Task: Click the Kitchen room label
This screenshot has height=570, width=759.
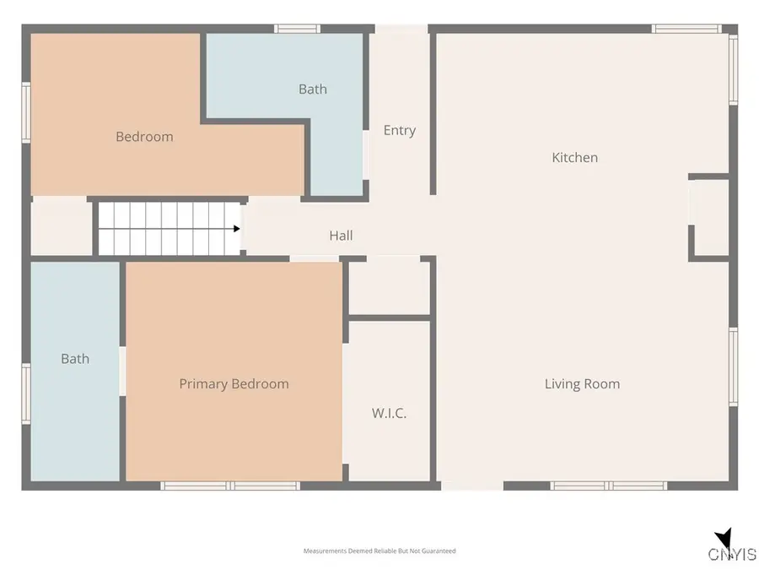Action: [574, 158]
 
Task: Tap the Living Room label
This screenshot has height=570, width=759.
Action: [582, 384]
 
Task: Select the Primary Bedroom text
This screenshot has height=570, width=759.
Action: [234, 384]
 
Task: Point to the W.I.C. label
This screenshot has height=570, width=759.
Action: [389, 413]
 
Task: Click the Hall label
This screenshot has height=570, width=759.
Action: [341, 236]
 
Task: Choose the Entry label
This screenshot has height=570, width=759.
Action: [400, 130]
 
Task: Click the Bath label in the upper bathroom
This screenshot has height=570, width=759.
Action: [313, 90]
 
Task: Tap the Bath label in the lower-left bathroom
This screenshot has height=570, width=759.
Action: [75, 359]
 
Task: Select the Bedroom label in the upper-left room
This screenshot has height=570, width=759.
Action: [144, 137]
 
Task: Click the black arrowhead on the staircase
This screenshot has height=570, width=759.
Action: [237, 229]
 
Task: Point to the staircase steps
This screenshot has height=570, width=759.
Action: [169, 229]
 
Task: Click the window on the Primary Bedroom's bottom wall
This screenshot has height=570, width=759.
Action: [230, 486]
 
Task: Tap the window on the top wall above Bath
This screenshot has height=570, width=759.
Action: [297, 29]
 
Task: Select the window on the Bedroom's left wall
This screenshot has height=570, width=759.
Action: [26, 112]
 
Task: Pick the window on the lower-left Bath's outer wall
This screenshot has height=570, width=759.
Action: [26, 394]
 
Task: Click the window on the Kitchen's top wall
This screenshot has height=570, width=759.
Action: [686, 29]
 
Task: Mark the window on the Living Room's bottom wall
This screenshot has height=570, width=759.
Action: [608, 486]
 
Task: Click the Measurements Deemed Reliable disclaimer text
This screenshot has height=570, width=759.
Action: [379, 551]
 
